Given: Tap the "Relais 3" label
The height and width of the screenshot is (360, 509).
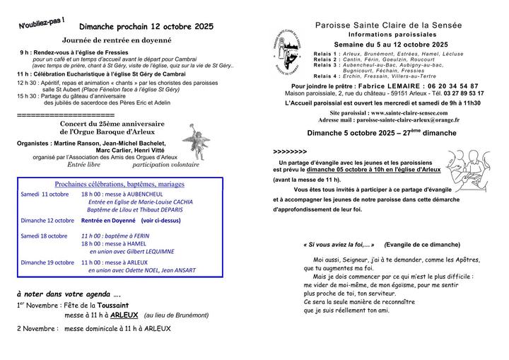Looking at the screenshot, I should [326, 64].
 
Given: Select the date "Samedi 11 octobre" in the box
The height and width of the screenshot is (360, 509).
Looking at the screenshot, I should [45, 194].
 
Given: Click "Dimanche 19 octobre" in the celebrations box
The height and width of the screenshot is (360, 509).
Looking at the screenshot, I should [47, 262].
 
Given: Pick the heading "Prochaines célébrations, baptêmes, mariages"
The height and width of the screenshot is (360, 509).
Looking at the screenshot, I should [119, 184].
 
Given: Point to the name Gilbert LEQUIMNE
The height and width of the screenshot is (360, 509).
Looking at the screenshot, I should [144, 251].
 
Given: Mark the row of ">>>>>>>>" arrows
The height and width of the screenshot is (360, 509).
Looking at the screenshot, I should [290, 151].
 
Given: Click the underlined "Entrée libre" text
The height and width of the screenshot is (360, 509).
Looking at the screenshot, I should [85, 164].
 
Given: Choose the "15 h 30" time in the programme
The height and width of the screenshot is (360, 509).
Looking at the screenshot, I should [28, 95].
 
